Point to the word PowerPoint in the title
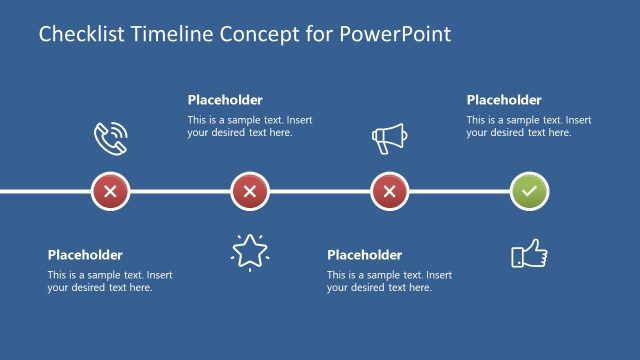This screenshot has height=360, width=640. click(x=395, y=35)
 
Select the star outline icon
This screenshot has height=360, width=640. click(x=249, y=251)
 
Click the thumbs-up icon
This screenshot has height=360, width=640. click(x=529, y=254)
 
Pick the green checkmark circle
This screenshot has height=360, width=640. click(x=529, y=191)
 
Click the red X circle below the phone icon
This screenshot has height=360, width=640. click(x=110, y=191)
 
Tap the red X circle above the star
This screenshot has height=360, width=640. click(x=250, y=191)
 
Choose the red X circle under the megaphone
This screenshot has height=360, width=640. click(x=390, y=191)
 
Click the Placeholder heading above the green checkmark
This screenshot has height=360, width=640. click(x=504, y=100)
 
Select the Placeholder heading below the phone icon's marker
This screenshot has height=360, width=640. click(x=85, y=255)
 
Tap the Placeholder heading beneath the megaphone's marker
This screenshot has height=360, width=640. click(x=365, y=255)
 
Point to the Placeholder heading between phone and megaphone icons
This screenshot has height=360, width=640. click(x=225, y=100)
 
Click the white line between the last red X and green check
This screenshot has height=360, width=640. click(x=460, y=191)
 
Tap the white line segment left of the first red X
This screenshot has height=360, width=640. click(x=45, y=191)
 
